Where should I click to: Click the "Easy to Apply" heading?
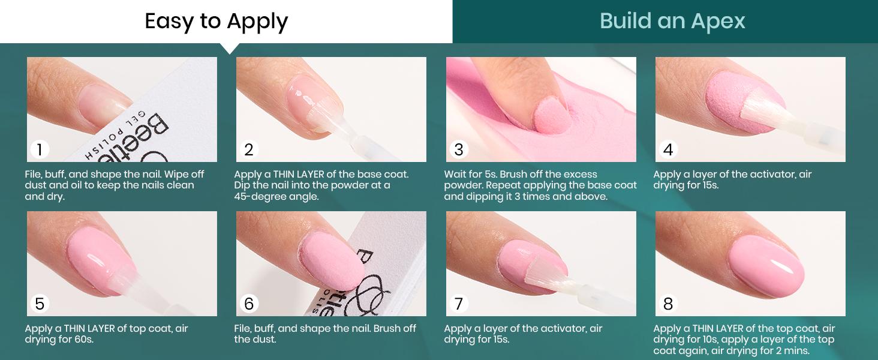coord(217,22)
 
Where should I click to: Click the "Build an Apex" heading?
coord(672,22)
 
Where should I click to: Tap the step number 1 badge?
coord(40,149)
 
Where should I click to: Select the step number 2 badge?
coord(249,149)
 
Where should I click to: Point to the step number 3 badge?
coord(459,149)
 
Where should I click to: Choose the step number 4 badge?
coord(668,149)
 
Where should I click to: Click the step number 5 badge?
coord(40,304)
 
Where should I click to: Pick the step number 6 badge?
coord(249,304)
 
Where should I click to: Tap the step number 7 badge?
coord(459,304)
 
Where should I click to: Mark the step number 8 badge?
coord(668,304)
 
